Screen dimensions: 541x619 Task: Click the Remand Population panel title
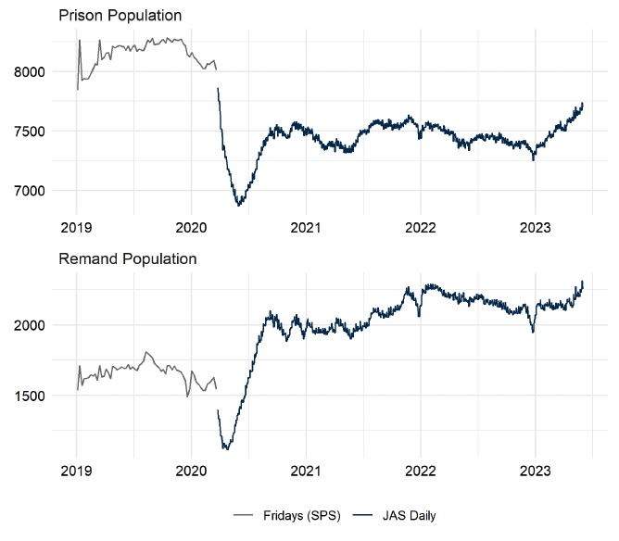[x=127, y=258]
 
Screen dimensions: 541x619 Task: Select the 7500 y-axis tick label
[x=34, y=132]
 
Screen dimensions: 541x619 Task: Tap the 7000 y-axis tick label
[x=34, y=191]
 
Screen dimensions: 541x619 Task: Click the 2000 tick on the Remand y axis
[x=34, y=325]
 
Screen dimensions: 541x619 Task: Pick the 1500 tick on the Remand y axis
[x=34, y=396]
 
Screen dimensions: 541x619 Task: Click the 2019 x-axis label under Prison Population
[x=76, y=226]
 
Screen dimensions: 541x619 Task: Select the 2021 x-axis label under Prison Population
[x=306, y=226]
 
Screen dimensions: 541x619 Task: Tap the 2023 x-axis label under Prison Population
[x=536, y=226]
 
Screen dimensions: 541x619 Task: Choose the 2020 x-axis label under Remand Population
[x=191, y=471]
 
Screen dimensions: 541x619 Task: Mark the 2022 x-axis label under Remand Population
[x=421, y=471]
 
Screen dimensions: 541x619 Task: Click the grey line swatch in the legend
[x=244, y=515]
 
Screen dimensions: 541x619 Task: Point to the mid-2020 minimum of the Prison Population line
[x=238, y=205]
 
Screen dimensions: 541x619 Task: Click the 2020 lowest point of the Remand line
[x=225, y=449]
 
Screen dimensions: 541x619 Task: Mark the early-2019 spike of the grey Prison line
[x=80, y=41]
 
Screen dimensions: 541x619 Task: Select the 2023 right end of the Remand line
[x=582, y=282]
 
